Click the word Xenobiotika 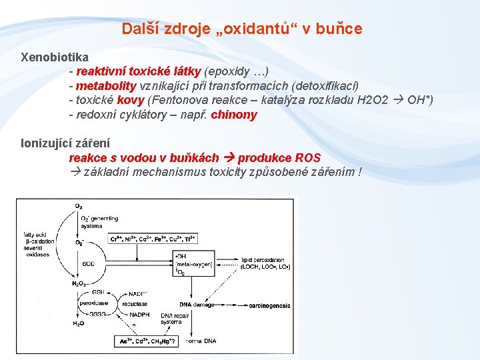[55, 57]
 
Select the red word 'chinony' [233, 115]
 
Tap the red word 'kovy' [131, 100]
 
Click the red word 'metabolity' [105, 86]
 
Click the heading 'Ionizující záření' [66, 143]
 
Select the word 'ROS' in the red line [307, 158]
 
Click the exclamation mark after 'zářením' [360, 172]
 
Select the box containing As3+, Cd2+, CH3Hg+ [147, 341]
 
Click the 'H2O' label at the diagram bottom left [79, 323]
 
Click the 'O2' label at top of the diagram [79, 206]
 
